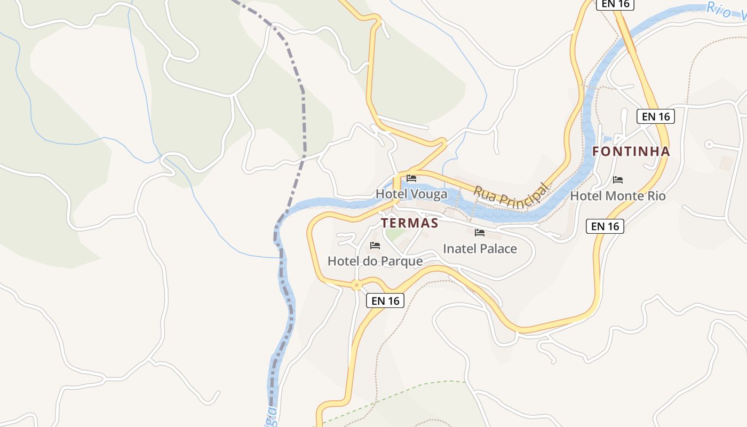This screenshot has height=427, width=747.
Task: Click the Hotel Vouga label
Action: pos(411,194)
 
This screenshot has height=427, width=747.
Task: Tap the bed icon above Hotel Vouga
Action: pos(411,178)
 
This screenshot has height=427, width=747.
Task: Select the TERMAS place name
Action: pos(409,223)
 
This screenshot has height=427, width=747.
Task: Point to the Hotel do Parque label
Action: pos(375,261)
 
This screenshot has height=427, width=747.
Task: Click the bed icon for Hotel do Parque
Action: pos(375,246)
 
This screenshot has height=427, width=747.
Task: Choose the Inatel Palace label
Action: pos(480,249)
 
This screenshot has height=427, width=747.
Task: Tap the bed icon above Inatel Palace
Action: pos(480,233)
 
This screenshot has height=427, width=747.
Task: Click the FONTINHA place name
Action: pos(631,152)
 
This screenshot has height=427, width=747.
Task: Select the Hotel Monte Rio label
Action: pos(618,196)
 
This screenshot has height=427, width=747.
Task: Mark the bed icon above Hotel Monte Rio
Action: pos(618,180)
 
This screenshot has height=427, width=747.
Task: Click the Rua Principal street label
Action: pos(511,195)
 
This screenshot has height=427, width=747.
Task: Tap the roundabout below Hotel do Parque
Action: pos(356,285)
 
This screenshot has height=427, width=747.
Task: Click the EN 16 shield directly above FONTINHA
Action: pos(655,116)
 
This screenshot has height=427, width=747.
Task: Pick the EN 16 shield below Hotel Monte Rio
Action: pos(605,226)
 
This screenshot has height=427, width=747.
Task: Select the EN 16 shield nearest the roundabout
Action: pos(385,301)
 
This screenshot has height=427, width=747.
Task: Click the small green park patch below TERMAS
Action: pos(395,234)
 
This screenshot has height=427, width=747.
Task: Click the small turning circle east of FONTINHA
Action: pos(709,144)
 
